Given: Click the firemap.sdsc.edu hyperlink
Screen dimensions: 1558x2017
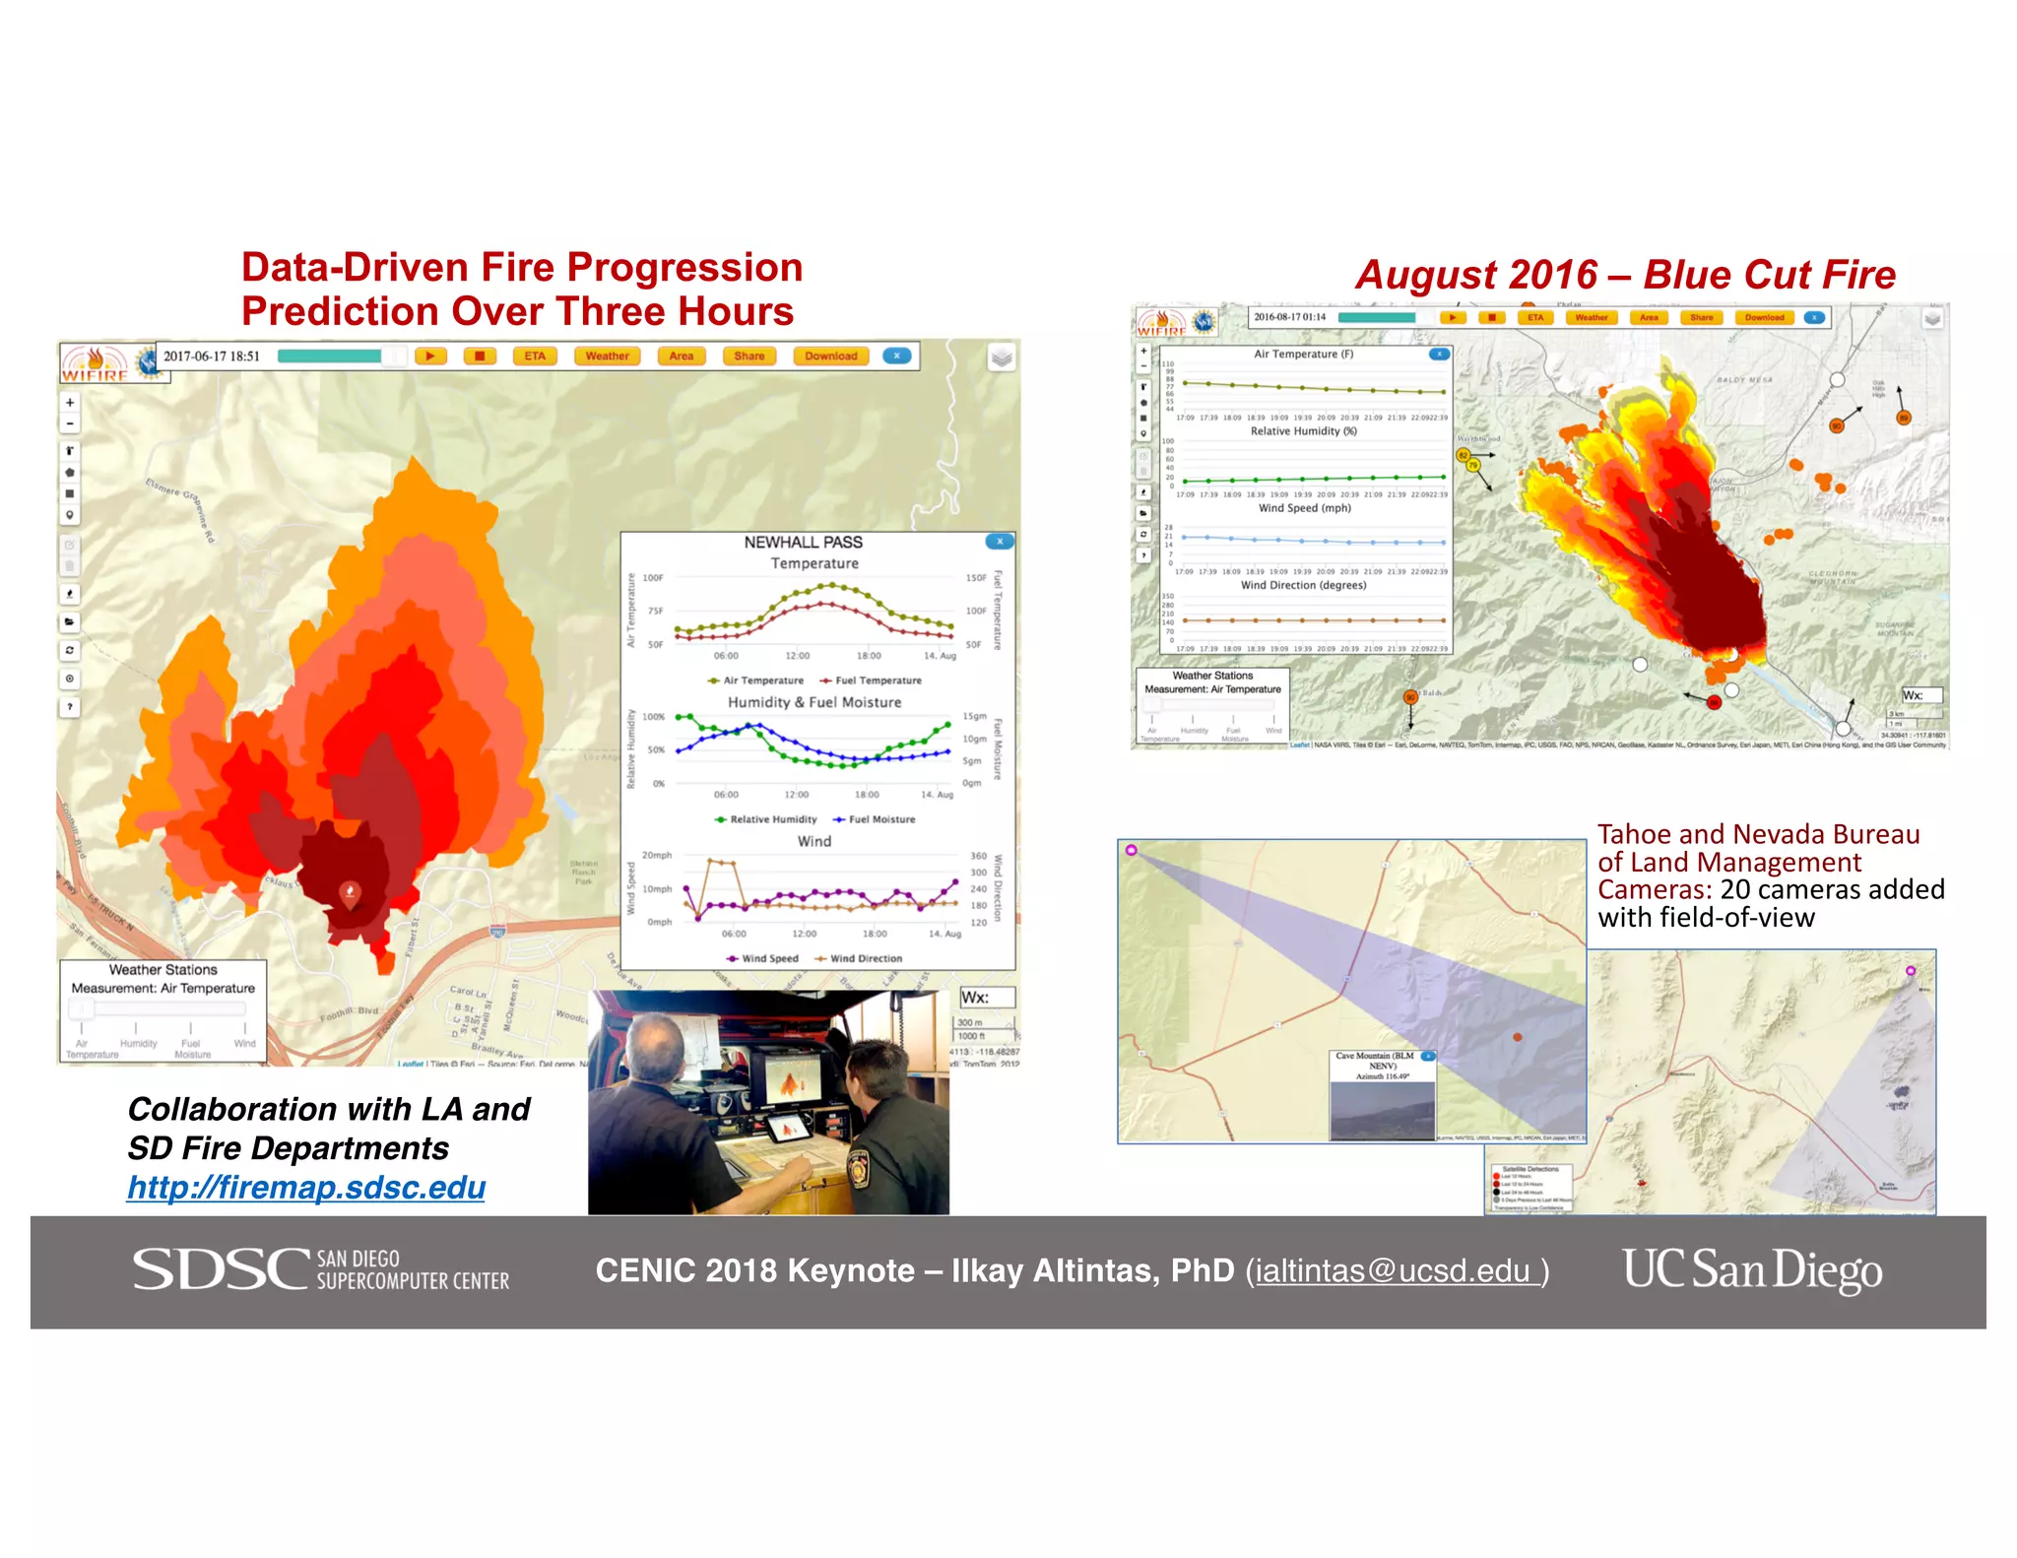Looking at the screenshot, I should coord(306,1187).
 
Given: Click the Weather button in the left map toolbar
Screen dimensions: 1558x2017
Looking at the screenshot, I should coord(607,357).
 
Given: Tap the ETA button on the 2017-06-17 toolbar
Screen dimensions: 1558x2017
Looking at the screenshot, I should coord(535,357).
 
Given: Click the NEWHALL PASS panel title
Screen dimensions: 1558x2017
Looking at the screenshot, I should coord(803,543).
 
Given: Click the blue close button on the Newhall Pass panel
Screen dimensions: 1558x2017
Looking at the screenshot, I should coord(999,541).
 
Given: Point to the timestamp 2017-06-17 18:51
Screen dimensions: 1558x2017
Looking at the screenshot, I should coord(212,357).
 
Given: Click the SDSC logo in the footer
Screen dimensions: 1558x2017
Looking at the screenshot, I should coord(320,1269).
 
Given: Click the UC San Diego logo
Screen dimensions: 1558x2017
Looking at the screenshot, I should coord(1752,1269).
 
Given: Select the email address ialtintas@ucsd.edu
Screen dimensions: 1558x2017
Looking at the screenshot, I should coord(1397,1271).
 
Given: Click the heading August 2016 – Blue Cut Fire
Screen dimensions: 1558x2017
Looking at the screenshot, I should coord(1625,275).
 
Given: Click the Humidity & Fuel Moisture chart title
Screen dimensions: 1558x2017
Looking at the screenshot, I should coord(814,702).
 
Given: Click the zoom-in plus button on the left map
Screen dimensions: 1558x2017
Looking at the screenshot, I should coord(70,403).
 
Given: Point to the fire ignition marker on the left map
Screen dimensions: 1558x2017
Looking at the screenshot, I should coord(350,892).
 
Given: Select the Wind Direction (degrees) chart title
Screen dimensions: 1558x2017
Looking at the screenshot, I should coord(1303,585).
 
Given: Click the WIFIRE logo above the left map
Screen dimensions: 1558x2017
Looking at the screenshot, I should coord(96,364).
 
